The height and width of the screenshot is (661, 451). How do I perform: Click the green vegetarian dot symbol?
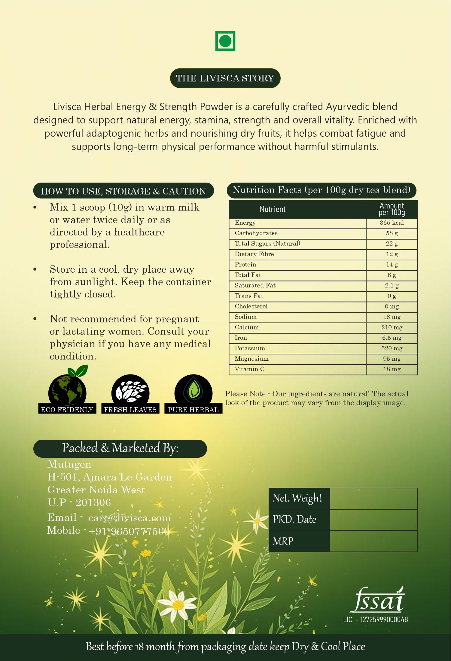tap(225, 41)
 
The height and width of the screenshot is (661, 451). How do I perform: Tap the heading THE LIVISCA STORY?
tap(225, 78)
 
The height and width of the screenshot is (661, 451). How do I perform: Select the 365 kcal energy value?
tap(392, 223)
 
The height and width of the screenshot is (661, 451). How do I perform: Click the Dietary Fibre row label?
tap(254, 254)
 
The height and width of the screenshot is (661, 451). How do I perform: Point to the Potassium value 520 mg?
tap(392, 348)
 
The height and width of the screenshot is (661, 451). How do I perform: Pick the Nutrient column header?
tap(273, 209)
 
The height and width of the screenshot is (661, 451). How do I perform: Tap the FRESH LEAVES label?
tap(130, 410)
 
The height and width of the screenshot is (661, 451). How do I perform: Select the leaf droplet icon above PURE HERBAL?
tap(194, 390)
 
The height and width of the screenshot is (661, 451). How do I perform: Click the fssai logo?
tap(378, 601)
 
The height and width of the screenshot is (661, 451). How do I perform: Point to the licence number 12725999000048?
tap(384, 620)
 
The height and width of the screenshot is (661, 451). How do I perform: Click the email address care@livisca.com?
tap(129, 518)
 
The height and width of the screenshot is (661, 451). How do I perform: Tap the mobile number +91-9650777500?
tap(129, 531)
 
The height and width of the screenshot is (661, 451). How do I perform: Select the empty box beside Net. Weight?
tap(373, 499)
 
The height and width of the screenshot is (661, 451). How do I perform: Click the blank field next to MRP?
tap(373, 541)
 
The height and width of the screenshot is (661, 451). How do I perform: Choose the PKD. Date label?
tap(294, 519)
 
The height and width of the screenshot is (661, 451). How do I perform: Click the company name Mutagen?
tap(69, 465)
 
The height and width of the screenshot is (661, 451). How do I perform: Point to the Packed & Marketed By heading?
tap(120, 448)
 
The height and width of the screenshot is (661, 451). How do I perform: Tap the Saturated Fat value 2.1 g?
tap(392, 286)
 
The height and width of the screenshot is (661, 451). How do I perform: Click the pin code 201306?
tap(93, 502)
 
